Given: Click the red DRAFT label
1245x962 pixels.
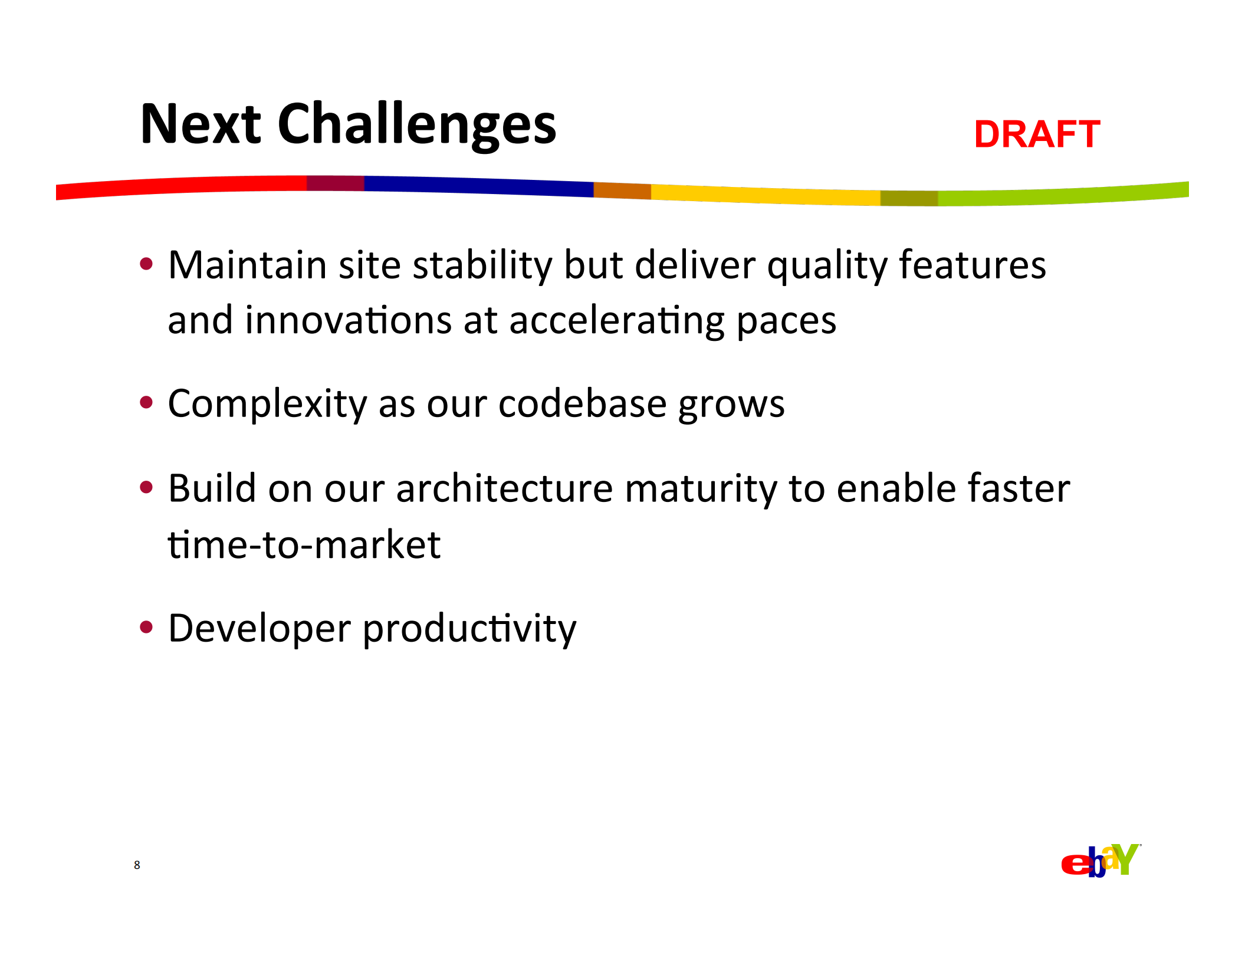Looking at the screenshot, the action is (1037, 134).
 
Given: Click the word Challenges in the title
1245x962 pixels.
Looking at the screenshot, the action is (417, 126).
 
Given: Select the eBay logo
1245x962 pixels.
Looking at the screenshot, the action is (1101, 861).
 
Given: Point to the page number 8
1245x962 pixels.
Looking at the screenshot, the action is (137, 865).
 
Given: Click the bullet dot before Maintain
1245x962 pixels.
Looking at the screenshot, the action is (146, 263).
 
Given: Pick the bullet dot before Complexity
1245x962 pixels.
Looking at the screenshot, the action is (146, 402).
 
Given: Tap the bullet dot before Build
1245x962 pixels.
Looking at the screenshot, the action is (146, 487).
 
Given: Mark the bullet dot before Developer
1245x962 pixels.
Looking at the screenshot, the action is (146, 626).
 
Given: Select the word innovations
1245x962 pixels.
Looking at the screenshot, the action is (348, 320).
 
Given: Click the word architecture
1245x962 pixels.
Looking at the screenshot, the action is (504, 489).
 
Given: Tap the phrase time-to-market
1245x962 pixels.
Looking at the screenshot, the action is (304, 544).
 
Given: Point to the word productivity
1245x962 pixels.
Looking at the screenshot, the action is (469, 629).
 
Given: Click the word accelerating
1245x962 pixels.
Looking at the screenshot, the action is (617, 321).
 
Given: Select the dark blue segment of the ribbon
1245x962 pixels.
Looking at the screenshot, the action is (479, 185).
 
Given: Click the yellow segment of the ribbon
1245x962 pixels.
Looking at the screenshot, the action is (766, 195).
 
